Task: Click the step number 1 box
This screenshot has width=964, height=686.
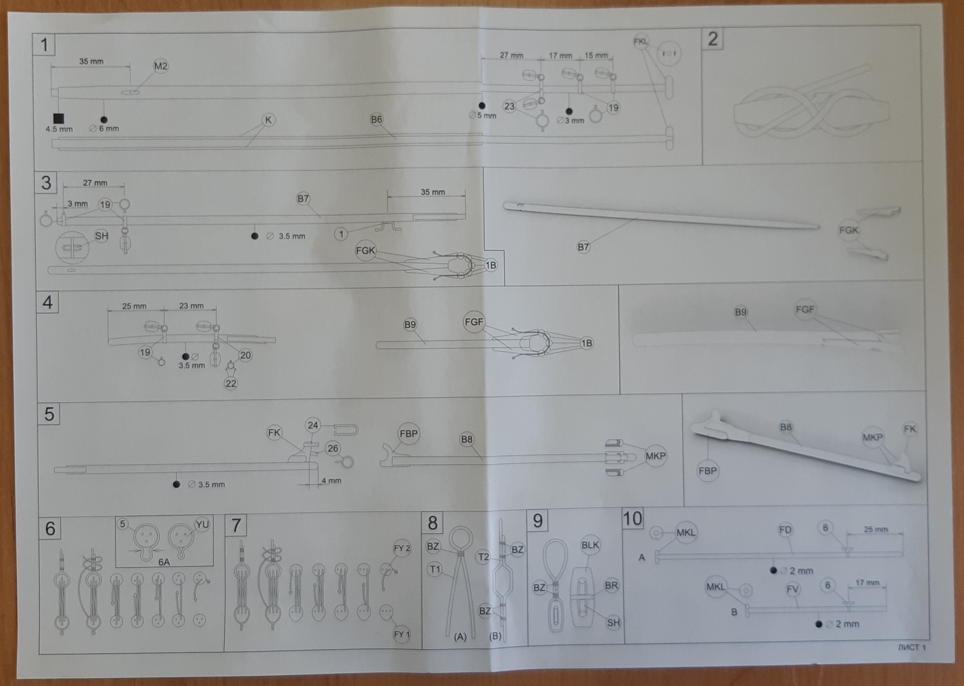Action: click(x=44, y=45)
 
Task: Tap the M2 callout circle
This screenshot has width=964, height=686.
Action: click(x=161, y=66)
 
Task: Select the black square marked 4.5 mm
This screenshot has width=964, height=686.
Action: click(x=59, y=118)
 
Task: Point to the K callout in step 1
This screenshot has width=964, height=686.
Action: click(x=269, y=120)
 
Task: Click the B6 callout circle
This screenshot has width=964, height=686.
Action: click(x=376, y=119)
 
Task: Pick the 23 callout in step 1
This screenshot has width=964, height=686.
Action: click(x=509, y=106)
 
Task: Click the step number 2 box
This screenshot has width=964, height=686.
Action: click(x=713, y=39)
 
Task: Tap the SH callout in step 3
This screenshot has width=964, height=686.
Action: click(x=102, y=236)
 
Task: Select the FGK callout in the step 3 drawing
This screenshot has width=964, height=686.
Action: click(x=365, y=251)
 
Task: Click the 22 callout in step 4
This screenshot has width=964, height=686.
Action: click(x=231, y=383)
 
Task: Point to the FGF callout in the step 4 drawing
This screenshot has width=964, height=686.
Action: click(x=474, y=322)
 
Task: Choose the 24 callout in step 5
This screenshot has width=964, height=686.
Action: click(x=313, y=425)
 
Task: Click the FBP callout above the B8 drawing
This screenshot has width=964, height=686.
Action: click(x=409, y=433)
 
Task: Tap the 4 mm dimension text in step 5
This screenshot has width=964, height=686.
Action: click(x=331, y=481)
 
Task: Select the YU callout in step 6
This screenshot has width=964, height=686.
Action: click(x=202, y=524)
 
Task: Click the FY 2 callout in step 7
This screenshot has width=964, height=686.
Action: click(x=402, y=548)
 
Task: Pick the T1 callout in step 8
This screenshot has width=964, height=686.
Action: click(x=435, y=570)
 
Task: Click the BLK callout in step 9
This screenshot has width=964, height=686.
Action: click(x=590, y=545)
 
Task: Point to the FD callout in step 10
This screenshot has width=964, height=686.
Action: click(x=785, y=530)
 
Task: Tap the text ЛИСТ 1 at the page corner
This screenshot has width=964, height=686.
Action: click(x=912, y=648)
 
